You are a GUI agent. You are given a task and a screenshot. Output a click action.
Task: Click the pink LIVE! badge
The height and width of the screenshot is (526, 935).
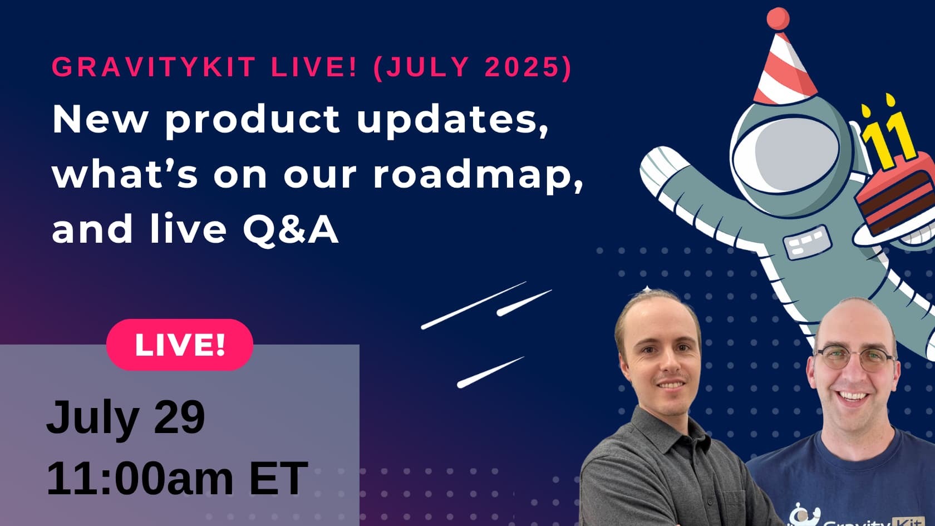pos(179,345)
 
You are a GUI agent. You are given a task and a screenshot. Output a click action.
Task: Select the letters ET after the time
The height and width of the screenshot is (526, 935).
pos(278,478)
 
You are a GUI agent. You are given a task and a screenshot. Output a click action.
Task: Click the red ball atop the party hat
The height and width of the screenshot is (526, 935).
pos(777,18)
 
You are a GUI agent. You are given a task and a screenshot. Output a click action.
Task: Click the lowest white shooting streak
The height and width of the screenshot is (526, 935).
pos(490,372)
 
